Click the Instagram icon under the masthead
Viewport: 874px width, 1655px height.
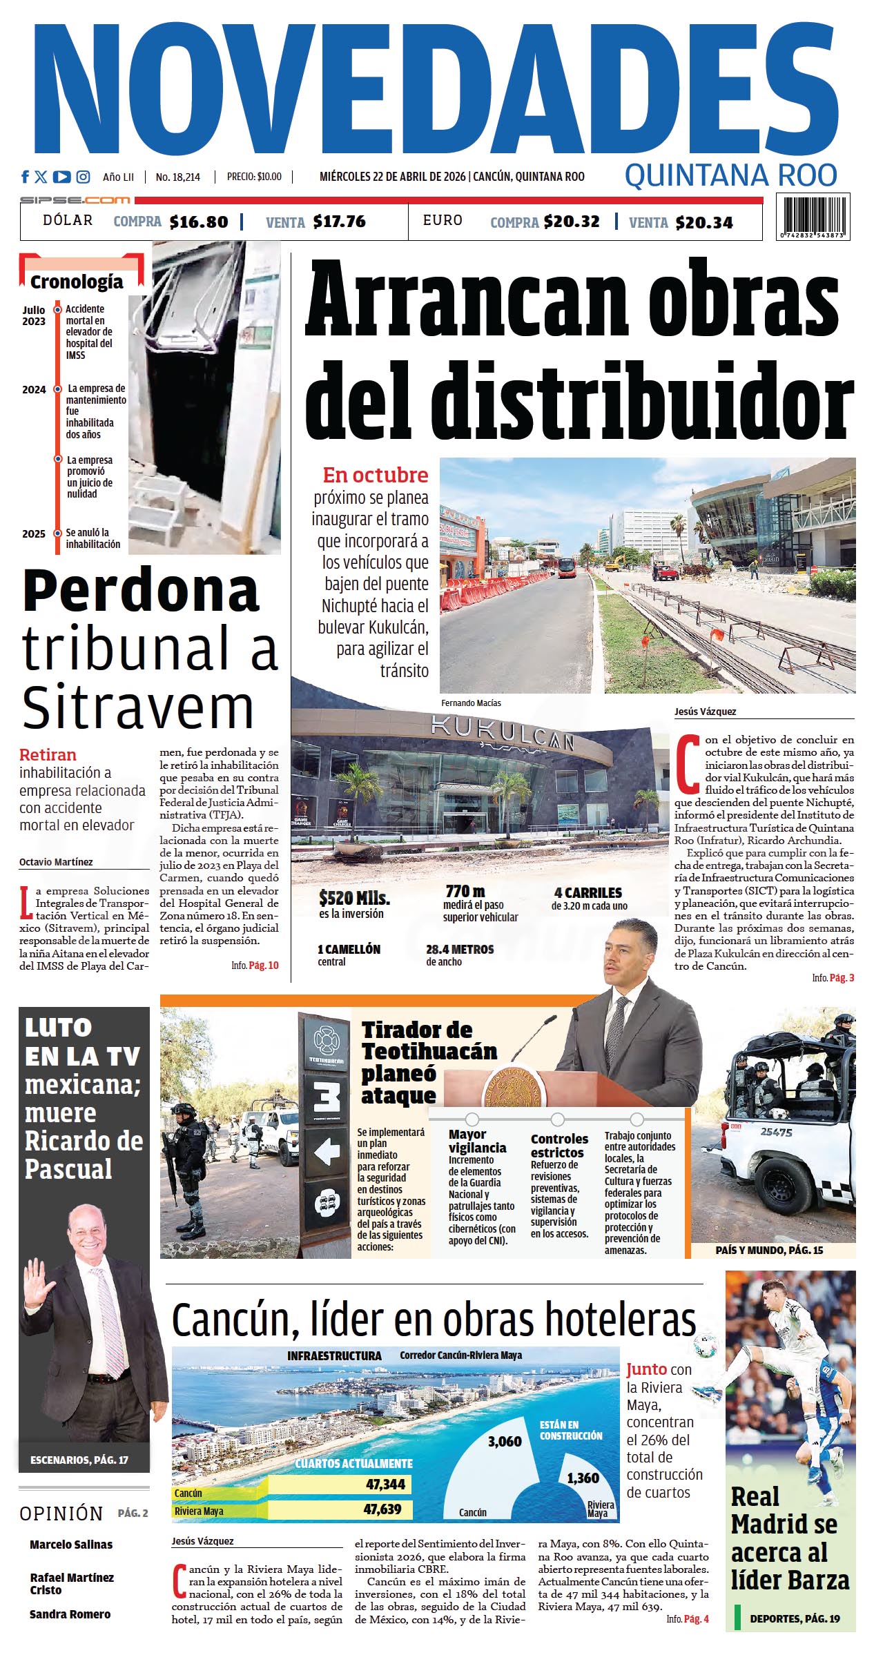tap(83, 177)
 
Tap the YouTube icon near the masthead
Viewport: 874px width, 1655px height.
tap(61, 177)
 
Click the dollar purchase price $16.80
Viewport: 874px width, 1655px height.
tap(199, 222)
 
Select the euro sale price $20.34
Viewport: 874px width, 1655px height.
tap(704, 222)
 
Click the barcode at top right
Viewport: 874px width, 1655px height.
tap(813, 216)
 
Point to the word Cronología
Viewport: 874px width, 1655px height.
tap(77, 282)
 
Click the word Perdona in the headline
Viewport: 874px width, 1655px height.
tap(141, 591)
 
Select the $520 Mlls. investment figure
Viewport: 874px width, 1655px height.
tap(354, 898)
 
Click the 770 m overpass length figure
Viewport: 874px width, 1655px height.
tap(465, 891)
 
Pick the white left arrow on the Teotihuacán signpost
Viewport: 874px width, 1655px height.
tap(327, 1150)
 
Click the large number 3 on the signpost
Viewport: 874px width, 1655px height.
tap(327, 1096)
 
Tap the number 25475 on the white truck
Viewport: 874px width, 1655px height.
tap(776, 1132)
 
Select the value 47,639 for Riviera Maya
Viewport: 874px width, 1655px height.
tap(382, 1509)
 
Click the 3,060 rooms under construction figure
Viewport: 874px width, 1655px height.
tap(505, 1442)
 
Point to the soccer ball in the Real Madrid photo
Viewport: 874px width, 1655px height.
tap(705, 1346)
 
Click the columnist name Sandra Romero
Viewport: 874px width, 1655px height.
tap(70, 1614)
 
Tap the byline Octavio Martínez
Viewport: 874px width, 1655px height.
tap(56, 862)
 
